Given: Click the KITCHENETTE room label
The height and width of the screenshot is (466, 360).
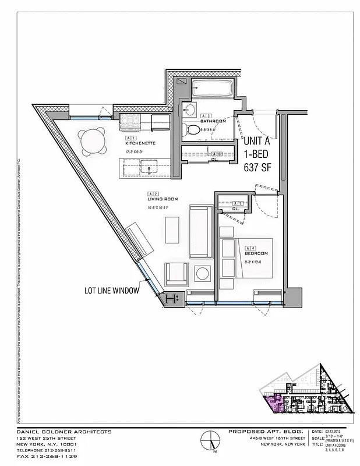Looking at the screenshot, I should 140,142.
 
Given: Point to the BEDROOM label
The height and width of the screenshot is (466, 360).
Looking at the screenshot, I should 256,253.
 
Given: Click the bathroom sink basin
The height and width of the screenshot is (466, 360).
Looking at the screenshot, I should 190,109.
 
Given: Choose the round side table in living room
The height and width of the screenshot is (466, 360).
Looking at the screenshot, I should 203,273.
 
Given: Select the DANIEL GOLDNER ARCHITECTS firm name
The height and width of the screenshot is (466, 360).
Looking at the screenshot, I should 64,432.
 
